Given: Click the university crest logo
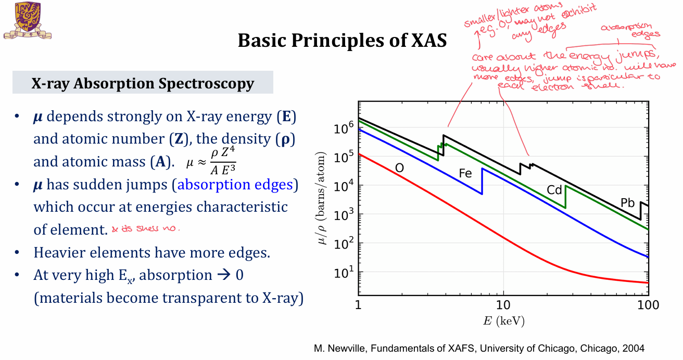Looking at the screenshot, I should tap(27, 21).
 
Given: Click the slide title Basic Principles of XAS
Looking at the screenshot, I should tap(342, 41).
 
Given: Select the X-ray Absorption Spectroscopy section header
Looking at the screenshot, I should tap(143, 84).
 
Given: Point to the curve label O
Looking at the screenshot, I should tap(399, 168).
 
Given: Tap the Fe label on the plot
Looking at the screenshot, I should tap(465, 173).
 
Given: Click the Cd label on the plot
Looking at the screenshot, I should tap(554, 190).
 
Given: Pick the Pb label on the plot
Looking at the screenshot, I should tap(628, 203).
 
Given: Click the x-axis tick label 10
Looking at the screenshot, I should tap(503, 305).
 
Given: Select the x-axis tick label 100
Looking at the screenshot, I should tap(648, 305).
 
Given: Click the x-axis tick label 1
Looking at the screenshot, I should tap(358, 305).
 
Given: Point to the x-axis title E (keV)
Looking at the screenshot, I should tap(503, 321).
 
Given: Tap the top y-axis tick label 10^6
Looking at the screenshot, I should tap(344, 126).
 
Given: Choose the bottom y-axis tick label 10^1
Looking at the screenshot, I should tap(344, 272).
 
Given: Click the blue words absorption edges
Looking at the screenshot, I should tap(237, 185).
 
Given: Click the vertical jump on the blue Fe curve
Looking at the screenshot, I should tap(482, 181).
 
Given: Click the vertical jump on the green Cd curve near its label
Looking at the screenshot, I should tap(565, 197).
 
